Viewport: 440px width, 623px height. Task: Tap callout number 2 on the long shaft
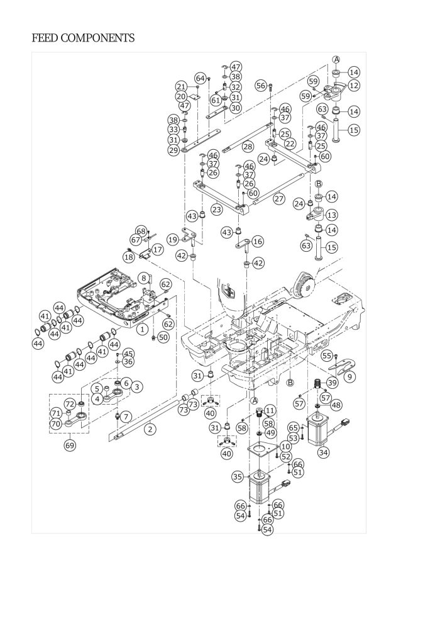pyautogui.click(x=150, y=429)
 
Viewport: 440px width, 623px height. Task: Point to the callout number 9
pyautogui.click(x=350, y=376)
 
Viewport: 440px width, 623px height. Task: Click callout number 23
pyautogui.click(x=217, y=209)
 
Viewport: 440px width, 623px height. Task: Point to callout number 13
pyautogui.click(x=332, y=215)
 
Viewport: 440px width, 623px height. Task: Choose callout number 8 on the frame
pyautogui.click(x=143, y=277)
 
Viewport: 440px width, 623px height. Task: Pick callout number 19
pyautogui.click(x=173, y=239)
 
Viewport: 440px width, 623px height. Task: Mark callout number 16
pyautogui.click(x=258, y=241)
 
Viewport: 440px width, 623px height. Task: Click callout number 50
pyautogui.click(x=163, y=337)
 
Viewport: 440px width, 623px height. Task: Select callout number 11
pyautogui.click(x=270, y=410)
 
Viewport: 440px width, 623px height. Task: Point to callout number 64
pyautogui.click(x=199, y=78)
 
